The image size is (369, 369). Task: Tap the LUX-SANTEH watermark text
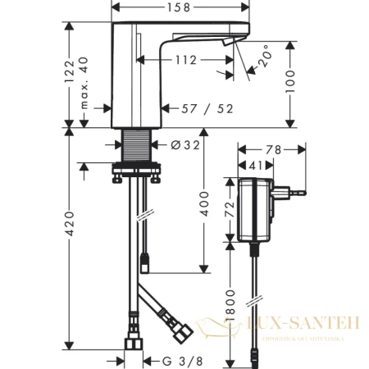click(304, 326)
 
